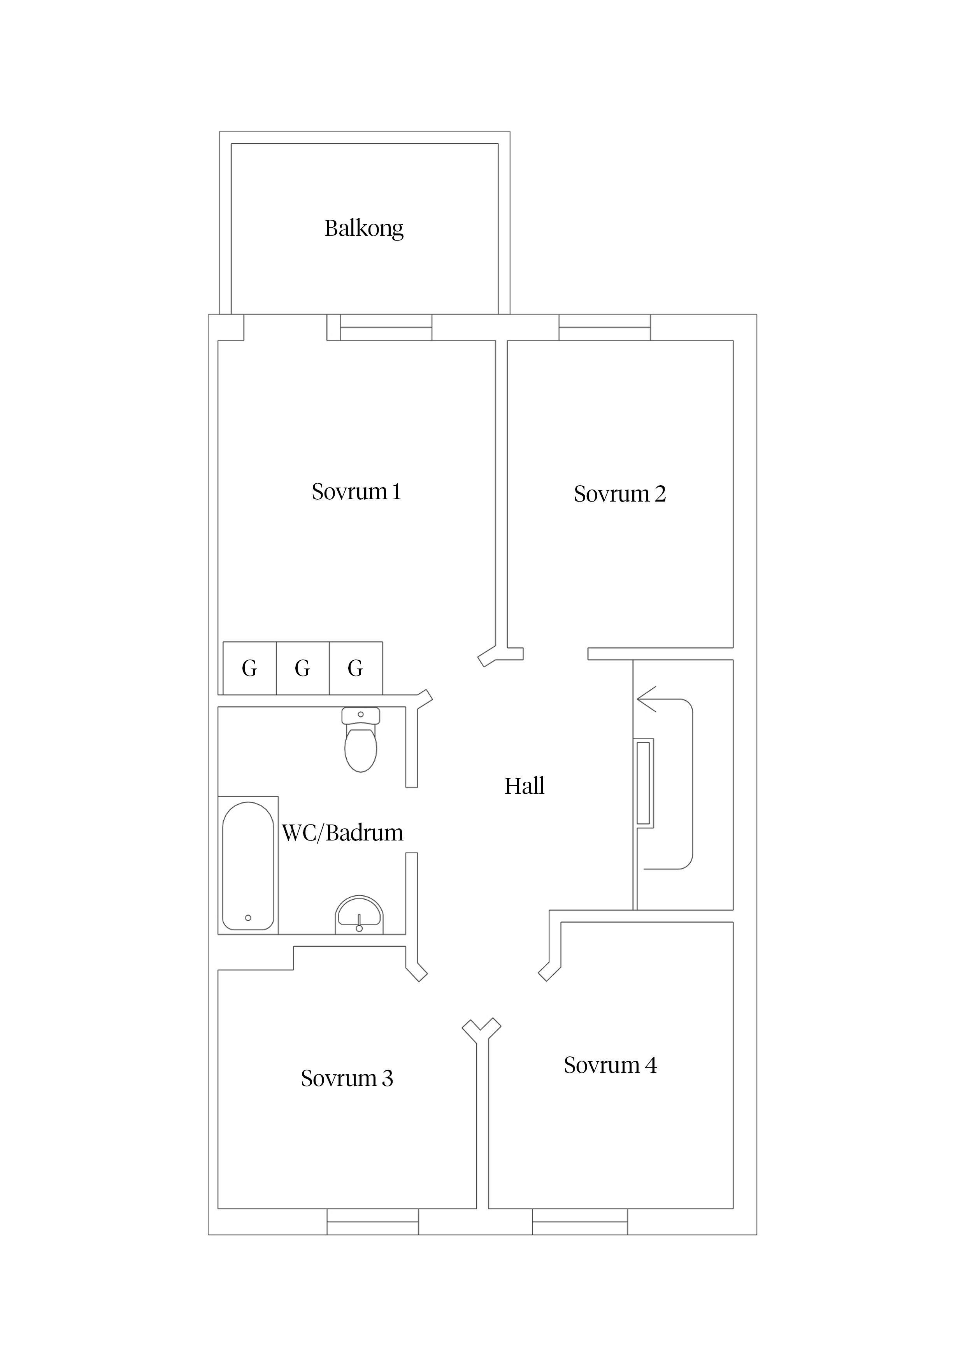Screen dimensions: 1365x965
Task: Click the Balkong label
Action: click(x=363, y=228)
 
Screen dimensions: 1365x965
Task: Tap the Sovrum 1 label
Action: click(x=356, y=492)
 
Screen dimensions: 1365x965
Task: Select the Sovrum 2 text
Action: click(x=619, y=494)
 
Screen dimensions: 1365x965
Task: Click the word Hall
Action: click(x=524, y=786)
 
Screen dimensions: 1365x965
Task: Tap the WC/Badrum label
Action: click(x=342, y=833)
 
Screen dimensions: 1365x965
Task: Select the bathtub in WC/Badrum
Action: click(x=248, y=866)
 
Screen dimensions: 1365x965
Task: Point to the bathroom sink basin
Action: click(x=359, y=915)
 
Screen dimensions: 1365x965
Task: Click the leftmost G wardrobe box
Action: click(x=250, y=668)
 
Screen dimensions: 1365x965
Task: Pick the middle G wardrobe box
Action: click(x=303, y=668)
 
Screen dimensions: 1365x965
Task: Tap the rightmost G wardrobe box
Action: click(x=356, y=668)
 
